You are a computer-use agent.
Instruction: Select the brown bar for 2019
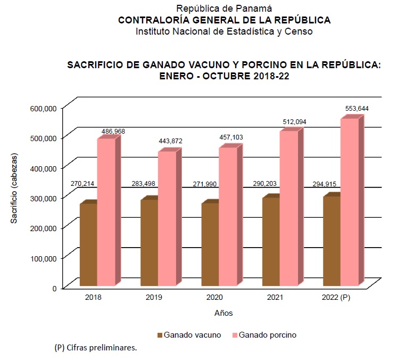click(148, 242)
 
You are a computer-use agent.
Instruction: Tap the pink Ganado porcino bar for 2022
click(349, 202)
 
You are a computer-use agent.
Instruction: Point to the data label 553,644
click(357, 109)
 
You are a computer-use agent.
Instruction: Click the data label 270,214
click(82, 184)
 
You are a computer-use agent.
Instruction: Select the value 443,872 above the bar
click(170, 141)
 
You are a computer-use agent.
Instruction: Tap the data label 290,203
click(265, 184)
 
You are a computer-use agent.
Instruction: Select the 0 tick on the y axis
click(54, 288)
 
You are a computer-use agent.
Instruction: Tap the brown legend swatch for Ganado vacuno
click(160, 336)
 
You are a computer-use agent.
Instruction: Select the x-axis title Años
click(223, 313)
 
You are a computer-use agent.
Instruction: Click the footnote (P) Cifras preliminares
click(96, 348)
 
